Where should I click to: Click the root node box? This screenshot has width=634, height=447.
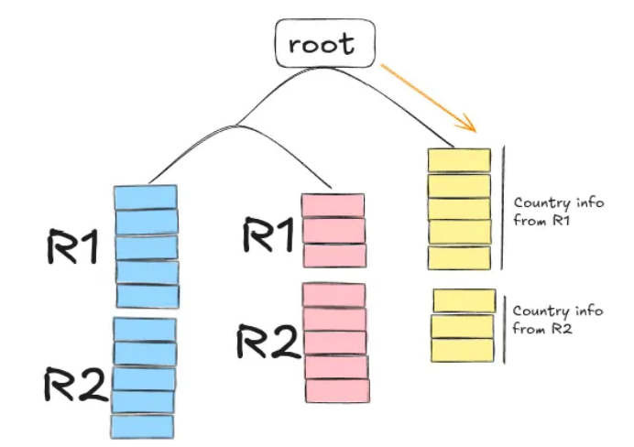point(325,45)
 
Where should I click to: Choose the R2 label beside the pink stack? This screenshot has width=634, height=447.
point(268,341)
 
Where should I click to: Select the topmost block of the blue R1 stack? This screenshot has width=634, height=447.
point(145,197)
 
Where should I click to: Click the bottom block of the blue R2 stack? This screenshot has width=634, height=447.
point(142,426)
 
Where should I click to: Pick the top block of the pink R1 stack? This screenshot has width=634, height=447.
point(333,205)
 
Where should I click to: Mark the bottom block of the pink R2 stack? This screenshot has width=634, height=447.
point(337,390)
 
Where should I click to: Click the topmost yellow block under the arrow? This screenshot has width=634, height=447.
point(460,159)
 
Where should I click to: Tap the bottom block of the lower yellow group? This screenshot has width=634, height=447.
point(463,350)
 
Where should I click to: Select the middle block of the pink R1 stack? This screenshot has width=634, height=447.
point(334,230)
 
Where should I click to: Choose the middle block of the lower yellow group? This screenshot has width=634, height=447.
point(462,326)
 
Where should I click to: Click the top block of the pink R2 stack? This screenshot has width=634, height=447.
point(334,295)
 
